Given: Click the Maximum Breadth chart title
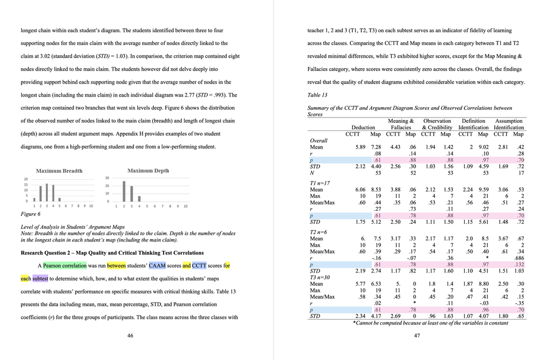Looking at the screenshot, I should point(59,171).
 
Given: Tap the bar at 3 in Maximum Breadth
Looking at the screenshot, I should point(47,192).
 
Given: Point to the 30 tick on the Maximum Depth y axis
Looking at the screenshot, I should point(107,178).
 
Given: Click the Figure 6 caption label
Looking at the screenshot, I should point(30,214).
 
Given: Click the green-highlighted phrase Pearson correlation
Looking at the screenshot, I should point(64,266).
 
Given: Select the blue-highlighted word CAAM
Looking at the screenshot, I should point(157,266).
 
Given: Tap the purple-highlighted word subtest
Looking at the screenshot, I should point(40,278).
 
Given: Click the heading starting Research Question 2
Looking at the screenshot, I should point(112,253).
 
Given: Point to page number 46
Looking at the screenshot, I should point(130,335).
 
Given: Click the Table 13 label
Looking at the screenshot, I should point(317,95).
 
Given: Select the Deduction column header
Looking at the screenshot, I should point(363,127).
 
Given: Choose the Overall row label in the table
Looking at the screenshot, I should point(318,141).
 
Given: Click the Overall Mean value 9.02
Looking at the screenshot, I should point(483,147).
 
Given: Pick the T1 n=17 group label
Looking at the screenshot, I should point(320,183).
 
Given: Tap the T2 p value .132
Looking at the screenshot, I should point(518,264).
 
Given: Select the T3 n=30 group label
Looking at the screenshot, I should point(320,277).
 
